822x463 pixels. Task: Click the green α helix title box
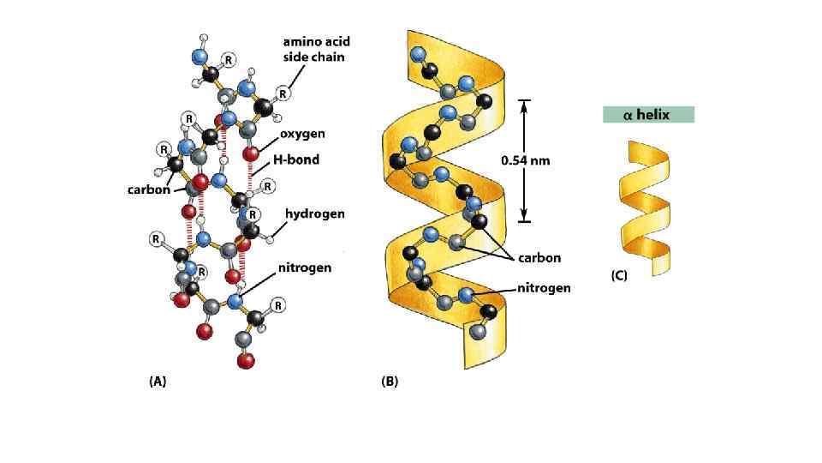648,115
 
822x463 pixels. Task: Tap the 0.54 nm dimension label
526,160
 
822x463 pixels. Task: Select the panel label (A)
158,382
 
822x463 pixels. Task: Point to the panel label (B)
390,382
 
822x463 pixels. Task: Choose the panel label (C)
619,276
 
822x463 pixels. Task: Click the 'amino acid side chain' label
317,48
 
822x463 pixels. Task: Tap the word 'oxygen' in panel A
302,134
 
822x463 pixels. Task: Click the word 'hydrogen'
315,213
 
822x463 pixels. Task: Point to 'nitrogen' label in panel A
305,268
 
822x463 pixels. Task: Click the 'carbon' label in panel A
149,189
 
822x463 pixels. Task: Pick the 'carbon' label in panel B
539,257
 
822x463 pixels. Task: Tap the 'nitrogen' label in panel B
544,288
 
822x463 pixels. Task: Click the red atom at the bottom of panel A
246,361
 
